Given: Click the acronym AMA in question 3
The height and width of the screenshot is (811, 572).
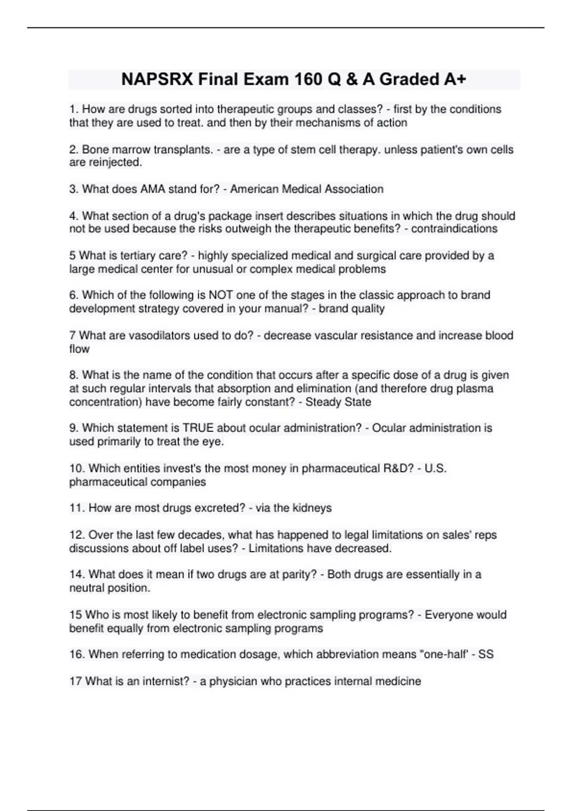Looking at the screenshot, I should coord(152,189).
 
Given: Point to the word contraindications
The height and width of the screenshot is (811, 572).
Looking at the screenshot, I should coord(454,229).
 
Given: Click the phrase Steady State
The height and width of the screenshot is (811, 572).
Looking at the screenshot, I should coord(338,402).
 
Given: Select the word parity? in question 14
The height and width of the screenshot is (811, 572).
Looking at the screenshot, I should coord(299,574).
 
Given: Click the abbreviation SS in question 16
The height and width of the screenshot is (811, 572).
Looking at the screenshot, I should coord(486,655).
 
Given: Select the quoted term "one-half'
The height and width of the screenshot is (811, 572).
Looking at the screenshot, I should coord(443,655).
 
